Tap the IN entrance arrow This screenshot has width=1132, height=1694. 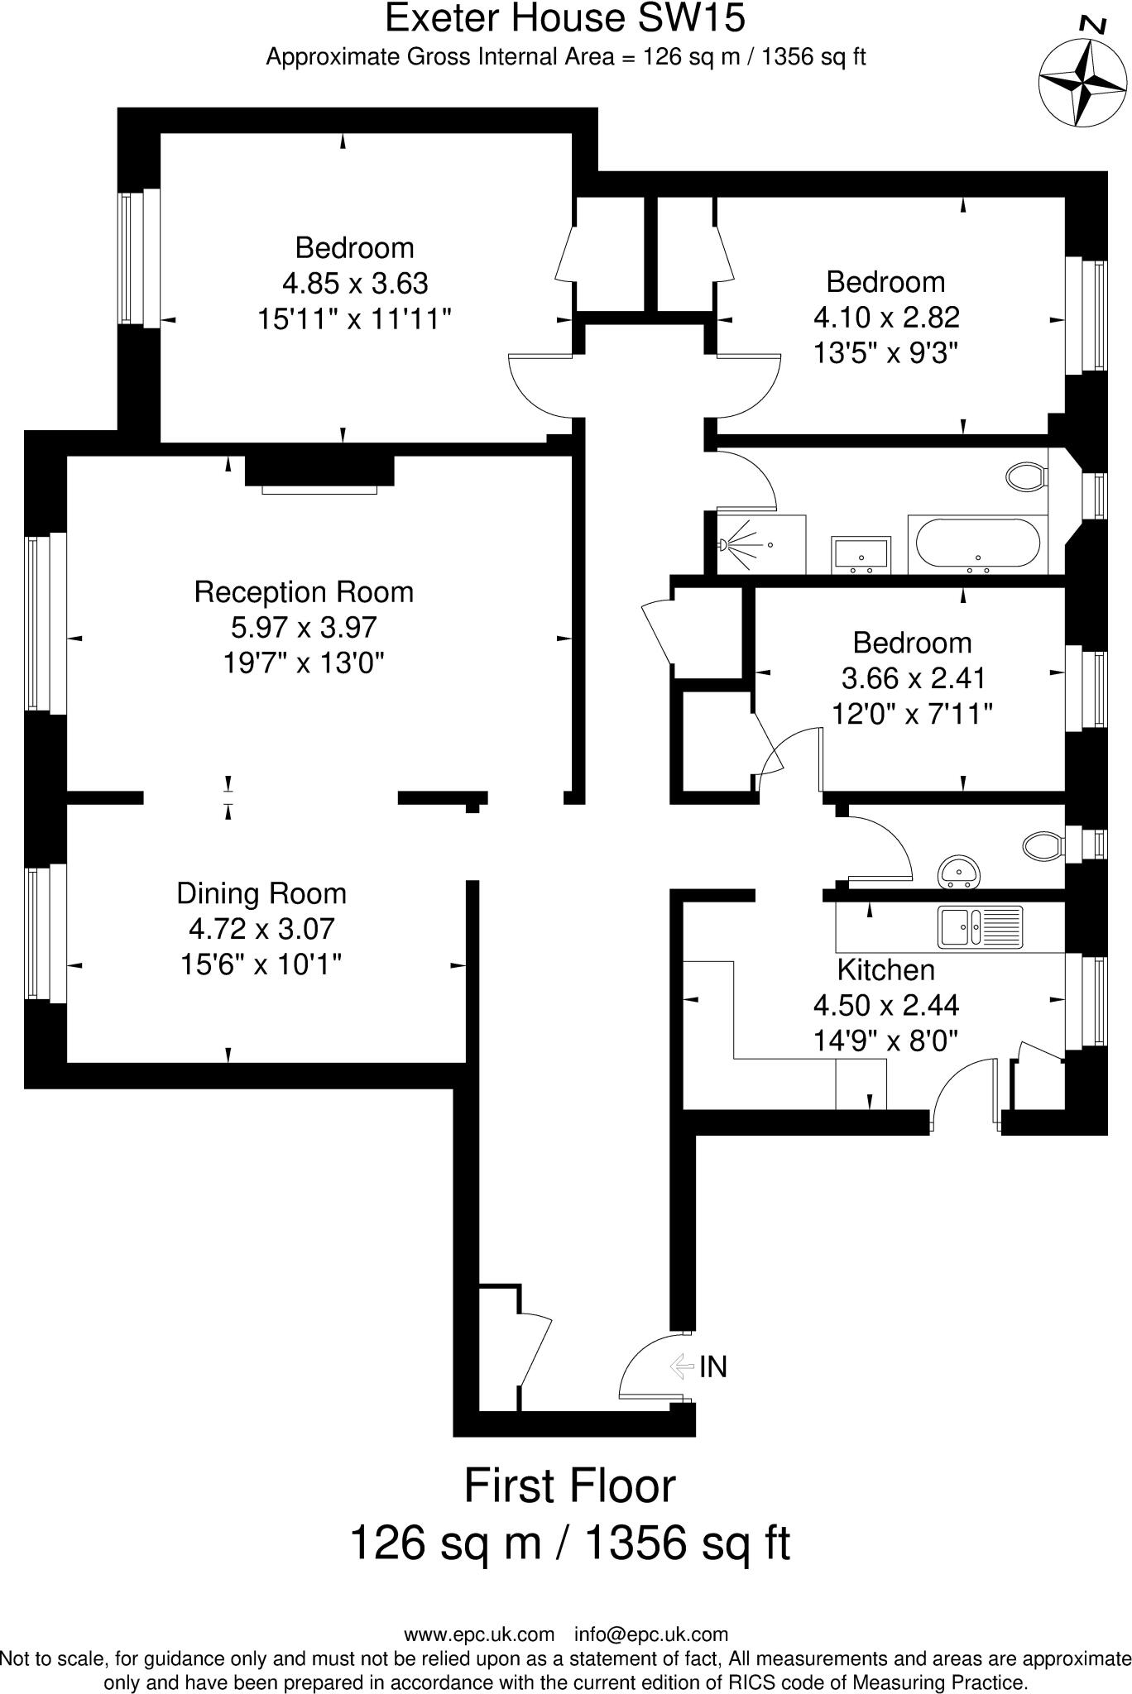682,1366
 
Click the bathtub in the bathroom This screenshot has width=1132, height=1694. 977,545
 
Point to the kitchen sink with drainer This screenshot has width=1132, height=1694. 980,927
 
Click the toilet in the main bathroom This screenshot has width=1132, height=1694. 1027,476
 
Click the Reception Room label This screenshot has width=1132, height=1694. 304,592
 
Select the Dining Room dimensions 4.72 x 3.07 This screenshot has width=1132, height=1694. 261,929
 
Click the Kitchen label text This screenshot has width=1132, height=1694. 885,969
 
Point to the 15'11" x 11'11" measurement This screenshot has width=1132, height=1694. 354,318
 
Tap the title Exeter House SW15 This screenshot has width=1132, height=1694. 565,19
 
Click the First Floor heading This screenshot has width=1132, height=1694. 569,1486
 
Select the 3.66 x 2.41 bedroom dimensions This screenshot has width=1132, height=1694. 913,678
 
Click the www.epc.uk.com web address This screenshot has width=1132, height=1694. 479,1634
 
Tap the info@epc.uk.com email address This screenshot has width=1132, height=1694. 651,1634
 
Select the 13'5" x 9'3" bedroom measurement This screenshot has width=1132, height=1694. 885,353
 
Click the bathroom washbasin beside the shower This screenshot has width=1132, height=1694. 861,553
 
